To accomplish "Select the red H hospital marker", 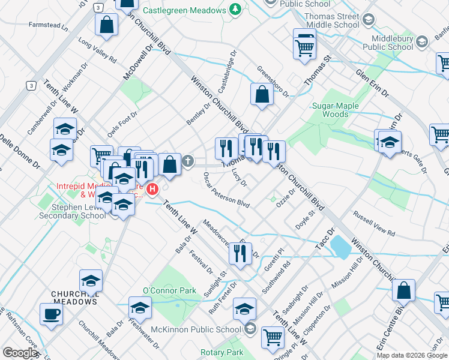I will click(x=152, y=190).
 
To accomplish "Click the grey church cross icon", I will click(x=188, y=161).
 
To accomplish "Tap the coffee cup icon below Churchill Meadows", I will click(x=51, y=313).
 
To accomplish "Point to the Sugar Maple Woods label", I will click(x=335, y=110).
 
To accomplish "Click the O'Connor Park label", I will click(x=169, y=290).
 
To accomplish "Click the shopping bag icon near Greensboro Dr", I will click(x=262, y=94).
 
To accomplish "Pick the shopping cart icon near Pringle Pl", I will click(x=273, y=337).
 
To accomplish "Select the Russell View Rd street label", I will click(x=374, y=224).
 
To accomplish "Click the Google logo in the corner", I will click(x=20, y=353).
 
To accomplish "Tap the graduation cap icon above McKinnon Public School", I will click(x=244, y=308).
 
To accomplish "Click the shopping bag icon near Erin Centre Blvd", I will click(x=403, y=290).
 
